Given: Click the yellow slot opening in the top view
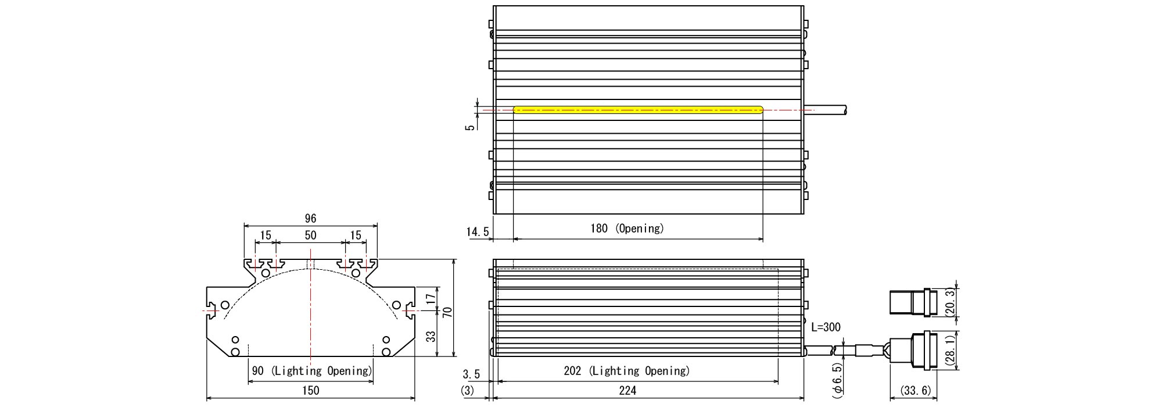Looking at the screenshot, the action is pyautogui.click(x=638, y=109).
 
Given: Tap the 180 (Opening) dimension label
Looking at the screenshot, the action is pyautogui.click(x=627, y=228).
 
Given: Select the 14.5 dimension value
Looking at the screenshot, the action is pyautogui.click(x=478, y=232).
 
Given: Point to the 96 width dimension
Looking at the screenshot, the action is pyautogui.click(x=310, y=218).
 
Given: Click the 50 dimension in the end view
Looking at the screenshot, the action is pyautogui.click(x=310, y=235).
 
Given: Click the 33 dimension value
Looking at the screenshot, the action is pyautogui.click(x=431, y=336).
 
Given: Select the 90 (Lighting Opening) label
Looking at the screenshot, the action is pyautogui.click(x=311, y=371).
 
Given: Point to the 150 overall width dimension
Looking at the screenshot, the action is pyautogui.click(x=311, y=390).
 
